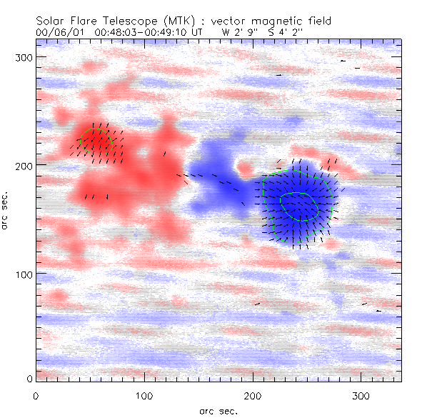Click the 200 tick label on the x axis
pyautogui.click(x=253, y=395)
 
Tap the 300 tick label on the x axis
pyautogui.click(x=362, y=395)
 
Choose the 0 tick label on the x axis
pyautogui.click(x=36, y=395)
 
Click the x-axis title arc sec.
pyautogui.click(x=218, y=410)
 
